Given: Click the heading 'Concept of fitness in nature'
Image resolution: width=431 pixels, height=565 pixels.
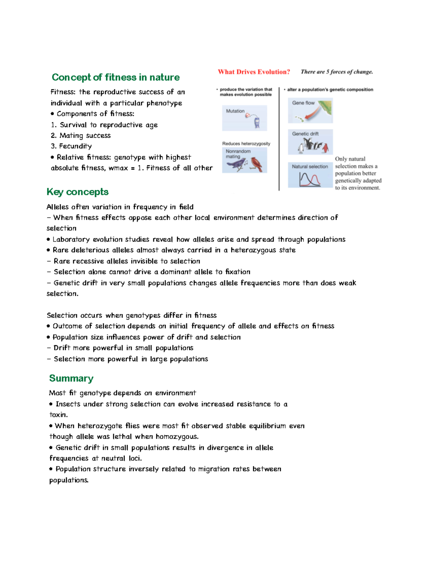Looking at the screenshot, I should (x=115, y=77).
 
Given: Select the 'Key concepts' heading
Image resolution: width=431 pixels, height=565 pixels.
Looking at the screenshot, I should (x=77, y=192).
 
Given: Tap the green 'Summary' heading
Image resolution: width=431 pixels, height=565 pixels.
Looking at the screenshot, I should (x=71, y=378).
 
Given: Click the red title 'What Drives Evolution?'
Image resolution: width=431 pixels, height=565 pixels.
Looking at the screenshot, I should (x=254, y=72).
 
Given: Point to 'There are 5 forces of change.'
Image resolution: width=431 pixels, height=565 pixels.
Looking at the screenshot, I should (x=337, y=72).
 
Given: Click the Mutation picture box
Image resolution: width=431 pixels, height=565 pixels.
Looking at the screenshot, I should (x=244, y=118).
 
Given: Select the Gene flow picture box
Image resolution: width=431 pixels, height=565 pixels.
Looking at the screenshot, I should (x=310, y=111).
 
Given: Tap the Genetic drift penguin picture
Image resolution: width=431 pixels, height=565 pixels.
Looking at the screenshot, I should (x=313, y=145).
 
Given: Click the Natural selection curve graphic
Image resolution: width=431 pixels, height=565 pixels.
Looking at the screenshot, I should (x=310, y=179).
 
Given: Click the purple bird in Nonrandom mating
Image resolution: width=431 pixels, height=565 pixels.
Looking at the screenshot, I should (x=235, y=165).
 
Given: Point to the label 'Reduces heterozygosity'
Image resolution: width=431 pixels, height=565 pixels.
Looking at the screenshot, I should (x=246, y=144).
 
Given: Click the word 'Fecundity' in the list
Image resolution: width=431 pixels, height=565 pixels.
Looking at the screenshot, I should (x=75, y=146).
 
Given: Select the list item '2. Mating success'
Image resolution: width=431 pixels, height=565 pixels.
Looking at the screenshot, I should (x=80, y=135).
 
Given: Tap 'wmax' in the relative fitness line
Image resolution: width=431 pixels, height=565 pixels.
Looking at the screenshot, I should (x=118, y=168).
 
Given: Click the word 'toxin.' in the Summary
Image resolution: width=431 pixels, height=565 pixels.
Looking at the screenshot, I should (x=59, y=415).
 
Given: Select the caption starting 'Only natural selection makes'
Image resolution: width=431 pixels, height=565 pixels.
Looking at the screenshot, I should (x=358, y=173).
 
